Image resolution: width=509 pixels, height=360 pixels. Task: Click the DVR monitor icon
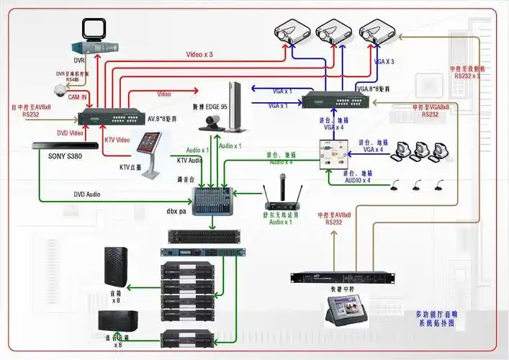[94, 30]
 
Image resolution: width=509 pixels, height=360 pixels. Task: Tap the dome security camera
[60, 89]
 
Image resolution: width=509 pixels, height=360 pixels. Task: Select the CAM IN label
[78, 96]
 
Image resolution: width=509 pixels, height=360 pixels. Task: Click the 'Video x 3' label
[199, 54]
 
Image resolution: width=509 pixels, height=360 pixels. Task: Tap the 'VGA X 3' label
[384, 62]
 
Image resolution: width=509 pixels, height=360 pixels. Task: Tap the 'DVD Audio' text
[88, 194]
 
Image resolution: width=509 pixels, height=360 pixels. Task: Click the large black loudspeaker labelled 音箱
[116, 266]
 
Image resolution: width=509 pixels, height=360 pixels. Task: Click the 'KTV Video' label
[117, 139]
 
